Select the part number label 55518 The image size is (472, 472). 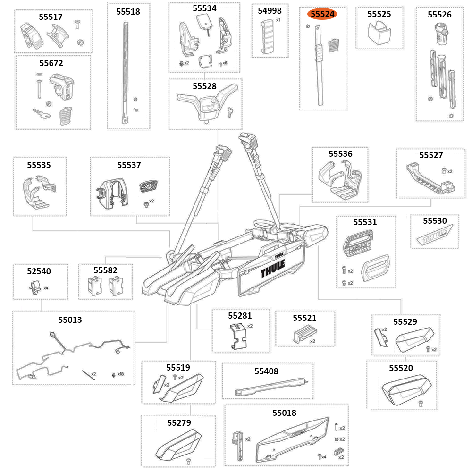pos(128,12)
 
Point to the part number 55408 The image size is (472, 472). pos(267,371)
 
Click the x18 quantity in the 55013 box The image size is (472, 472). pos(120,374)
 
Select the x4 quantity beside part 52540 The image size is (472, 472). pos(46,287)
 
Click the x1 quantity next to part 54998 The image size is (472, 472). pos(278,20)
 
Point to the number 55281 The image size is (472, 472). pos(240,315)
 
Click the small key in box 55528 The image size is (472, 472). pos(229,111)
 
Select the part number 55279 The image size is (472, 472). pos(178,422)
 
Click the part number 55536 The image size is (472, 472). pos(340,154)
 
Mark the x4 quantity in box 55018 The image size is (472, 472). pos(324,457)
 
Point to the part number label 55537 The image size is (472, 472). pos(129,165)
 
